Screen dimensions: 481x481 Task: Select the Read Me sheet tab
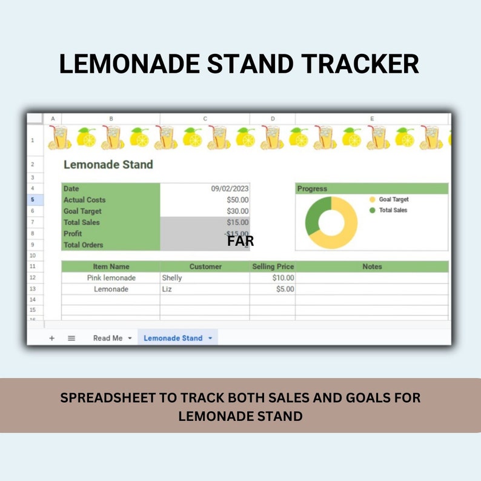point(108,338)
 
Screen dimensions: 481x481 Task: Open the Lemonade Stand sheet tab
point(173,338)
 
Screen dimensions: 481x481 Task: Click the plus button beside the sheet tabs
point(51,338)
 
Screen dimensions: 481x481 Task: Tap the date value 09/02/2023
point(230,189)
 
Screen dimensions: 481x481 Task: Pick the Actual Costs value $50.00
point(237,200)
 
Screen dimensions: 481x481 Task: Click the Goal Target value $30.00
point(237,211)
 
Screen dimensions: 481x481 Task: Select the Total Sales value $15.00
point(237,222)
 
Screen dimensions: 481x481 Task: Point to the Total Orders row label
point(84,245)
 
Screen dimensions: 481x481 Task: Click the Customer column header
point(205,267)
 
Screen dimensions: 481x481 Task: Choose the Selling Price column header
point(273,267)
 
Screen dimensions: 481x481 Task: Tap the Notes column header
point(372,267)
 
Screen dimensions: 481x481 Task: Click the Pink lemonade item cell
point(111,278)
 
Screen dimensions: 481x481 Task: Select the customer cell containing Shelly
point(172,278)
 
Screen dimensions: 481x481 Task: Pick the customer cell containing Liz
point(167,290)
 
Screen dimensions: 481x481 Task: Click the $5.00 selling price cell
point(285,290)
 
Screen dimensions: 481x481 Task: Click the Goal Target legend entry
point(393,199)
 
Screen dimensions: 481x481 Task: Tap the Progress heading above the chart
point(312,189)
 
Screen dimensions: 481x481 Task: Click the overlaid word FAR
point(240,241)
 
